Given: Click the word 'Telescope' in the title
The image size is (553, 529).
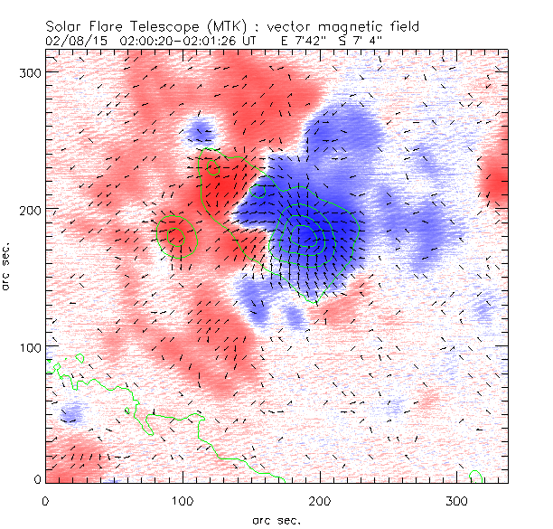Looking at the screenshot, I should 173,28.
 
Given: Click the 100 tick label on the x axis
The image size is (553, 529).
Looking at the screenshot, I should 183,500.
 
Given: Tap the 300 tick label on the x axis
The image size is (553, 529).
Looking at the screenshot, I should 457,500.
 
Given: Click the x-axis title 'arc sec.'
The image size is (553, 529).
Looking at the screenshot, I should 276,520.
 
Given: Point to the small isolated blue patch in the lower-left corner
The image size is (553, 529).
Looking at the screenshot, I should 70,414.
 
